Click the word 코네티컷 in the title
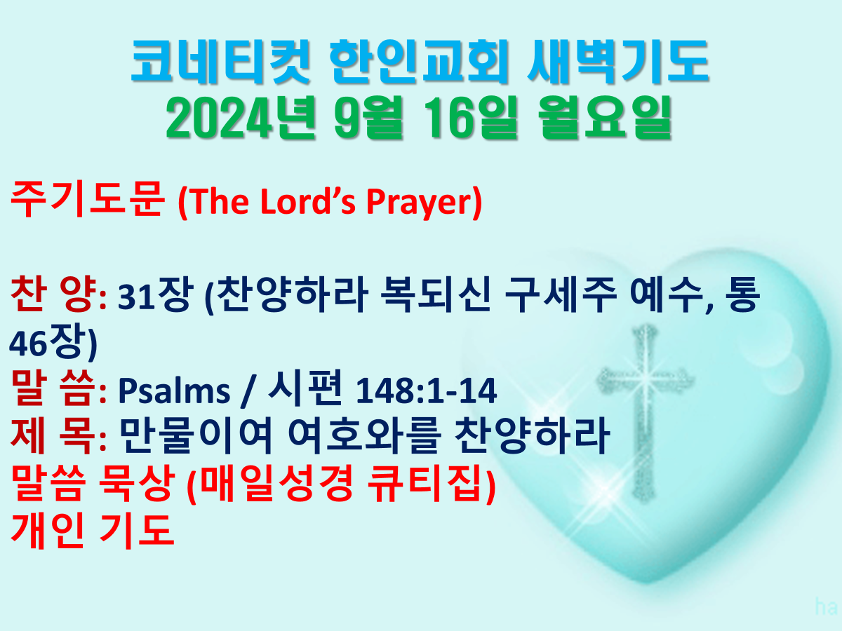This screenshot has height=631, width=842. point(220,62)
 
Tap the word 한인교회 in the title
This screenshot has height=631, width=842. point(420,62)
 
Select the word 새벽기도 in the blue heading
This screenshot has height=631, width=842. point(618,62)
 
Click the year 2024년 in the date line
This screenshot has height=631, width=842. point(241,117)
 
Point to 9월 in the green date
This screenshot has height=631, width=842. point(368,117)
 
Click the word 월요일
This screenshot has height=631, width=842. point(605,117)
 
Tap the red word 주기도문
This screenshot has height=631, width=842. point(88,199)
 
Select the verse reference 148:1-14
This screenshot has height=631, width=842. point(427,391)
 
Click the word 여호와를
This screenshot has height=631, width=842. point(364,435)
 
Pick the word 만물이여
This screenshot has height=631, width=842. point(196,435)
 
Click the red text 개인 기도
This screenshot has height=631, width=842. point(92,531)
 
